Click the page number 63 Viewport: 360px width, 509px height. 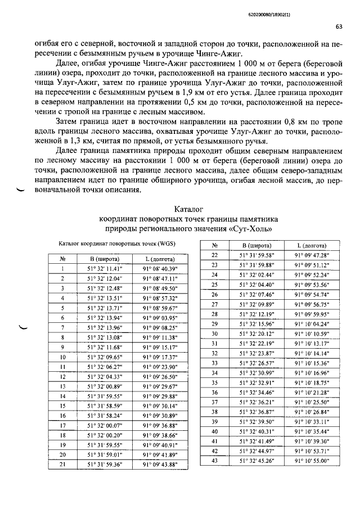pyautogui.click(x=339, y=26)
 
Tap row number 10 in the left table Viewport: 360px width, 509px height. pyautogui.click(x=63, y=357)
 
